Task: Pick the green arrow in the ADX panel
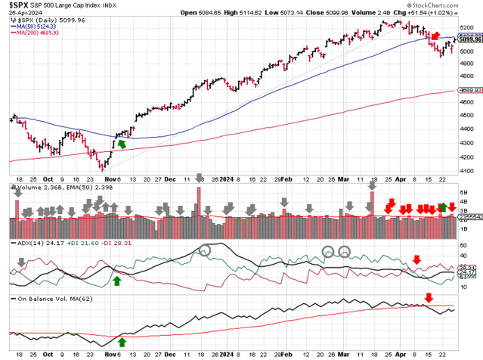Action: [117, 281]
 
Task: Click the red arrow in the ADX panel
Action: [416, 259]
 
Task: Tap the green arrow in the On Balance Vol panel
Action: [122, 343]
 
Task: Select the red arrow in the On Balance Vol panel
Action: [429, 297]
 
